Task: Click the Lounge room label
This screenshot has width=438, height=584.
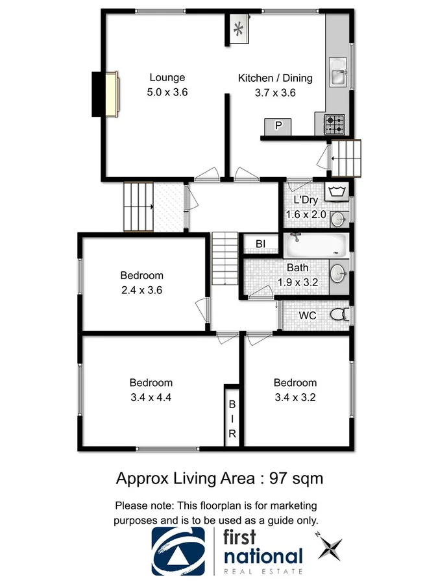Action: pyautogui.click(x=167, y=78)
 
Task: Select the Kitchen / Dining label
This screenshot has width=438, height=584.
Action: pyautogui.click(x=275, y=78)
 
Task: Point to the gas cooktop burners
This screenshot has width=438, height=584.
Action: pyautogui.click(x=334, y=121)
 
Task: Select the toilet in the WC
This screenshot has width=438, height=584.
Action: pyautogui.click(x=338, y=315)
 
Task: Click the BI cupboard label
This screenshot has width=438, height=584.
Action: pyautogui.click(x=260, y=244)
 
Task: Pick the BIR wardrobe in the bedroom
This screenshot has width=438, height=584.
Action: pyautogui.click(x=232, y=417)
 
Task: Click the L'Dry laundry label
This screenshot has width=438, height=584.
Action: pyautogui.click(x=305, y=201)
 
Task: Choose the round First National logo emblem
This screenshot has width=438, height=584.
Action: pyautogui.click(x=180, y=551)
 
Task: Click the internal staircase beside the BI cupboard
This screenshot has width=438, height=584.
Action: pyautogui.click(x=225, y=259)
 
